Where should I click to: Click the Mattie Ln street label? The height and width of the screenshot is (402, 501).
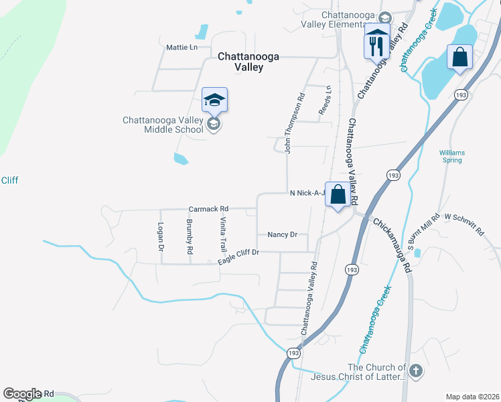(182, 48)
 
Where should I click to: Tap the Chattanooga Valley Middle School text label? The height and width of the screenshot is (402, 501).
(163, 125)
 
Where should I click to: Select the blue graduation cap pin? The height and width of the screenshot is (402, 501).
(214, 101)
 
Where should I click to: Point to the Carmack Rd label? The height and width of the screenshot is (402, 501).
(209, 208)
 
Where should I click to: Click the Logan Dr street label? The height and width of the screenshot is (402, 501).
(161, 237)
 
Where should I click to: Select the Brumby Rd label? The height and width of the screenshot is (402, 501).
(190, 237)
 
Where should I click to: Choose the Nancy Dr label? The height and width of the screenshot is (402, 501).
(282, 234)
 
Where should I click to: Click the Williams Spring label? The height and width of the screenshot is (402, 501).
(452, 156)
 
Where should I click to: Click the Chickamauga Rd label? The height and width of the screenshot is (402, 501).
(392, 245)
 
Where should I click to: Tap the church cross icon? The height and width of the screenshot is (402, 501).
(415, 371)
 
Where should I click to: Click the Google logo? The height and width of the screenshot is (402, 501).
(22, 394)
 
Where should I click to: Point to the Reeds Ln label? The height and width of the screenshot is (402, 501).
(326, 99)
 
